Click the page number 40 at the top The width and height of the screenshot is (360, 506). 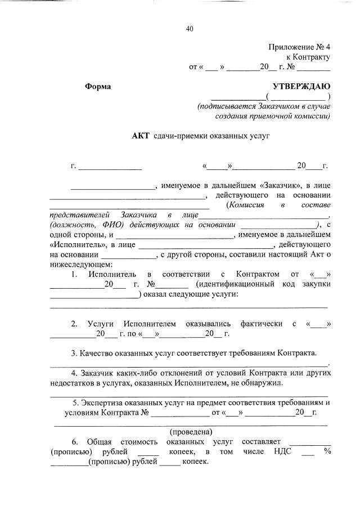click(190, 29)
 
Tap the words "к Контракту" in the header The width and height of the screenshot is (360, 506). click(308, 57)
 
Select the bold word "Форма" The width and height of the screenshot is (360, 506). click(98, 87)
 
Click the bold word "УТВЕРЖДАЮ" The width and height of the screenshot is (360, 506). click(301, 87)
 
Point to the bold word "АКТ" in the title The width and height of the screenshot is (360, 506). click(141, 136)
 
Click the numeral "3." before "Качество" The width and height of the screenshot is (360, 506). click(74, 353)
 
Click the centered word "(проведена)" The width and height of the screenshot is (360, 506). click(191, 432)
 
